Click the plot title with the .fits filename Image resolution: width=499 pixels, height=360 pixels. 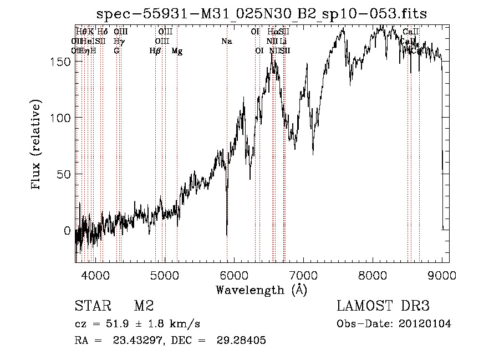click(262, 14)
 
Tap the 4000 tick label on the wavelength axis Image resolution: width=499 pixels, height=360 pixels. click(95, 274)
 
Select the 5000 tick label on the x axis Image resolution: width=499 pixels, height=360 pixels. click(164, 274)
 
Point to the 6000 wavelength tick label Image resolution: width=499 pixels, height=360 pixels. click(233, 274)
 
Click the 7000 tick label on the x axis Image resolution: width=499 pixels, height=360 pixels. click(303, 274)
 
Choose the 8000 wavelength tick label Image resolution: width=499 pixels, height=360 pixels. click(373, 274)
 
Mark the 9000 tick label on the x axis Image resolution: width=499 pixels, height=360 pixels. click(442, 274)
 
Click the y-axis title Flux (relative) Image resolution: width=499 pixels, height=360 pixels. click(37, 145)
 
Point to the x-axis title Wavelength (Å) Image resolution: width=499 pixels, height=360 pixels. click(261, 290)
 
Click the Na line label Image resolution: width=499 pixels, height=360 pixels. click(226, 41)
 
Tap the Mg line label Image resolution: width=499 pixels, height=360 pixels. click(177, 51)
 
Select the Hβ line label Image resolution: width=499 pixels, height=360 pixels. click(155, 51)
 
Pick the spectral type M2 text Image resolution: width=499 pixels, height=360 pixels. click(144, 306)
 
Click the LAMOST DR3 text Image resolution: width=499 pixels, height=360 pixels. click(383, 306)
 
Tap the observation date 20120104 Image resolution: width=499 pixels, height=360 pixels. click(424, 324)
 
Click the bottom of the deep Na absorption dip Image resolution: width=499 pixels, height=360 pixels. click(227, 235)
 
